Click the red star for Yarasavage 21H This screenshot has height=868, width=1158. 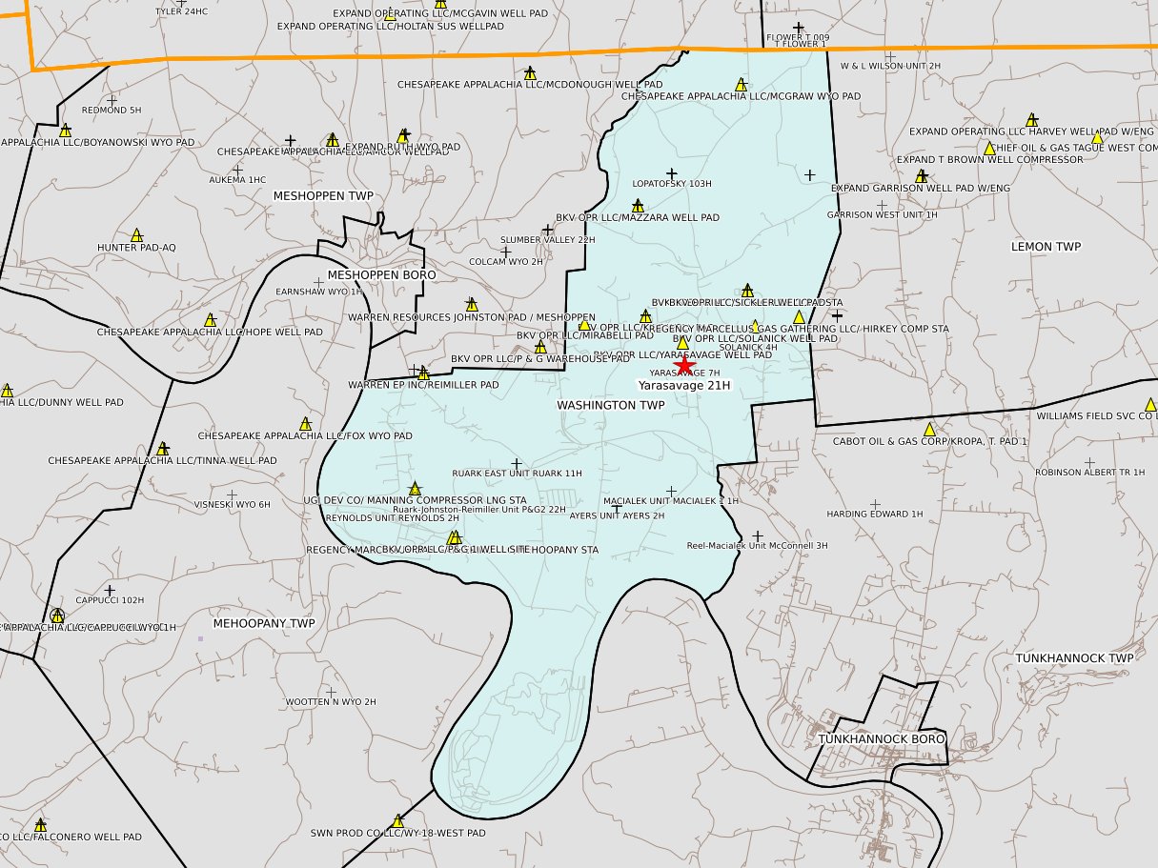click(x=684, y=366)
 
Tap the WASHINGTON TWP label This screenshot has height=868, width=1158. click(x=610, y=405)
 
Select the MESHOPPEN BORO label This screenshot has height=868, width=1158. click(x=381, y=274)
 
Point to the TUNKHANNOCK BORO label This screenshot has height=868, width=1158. click(x=882, y=739)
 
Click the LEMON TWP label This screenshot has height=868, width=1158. click(x=1046, y=247)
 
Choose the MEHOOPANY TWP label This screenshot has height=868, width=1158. click(x=263, y=623)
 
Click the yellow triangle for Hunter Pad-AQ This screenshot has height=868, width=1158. click(x=137, y=234)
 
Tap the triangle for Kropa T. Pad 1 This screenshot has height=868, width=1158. click(x=929, y=429)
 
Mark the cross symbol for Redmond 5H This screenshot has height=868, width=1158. click(x=112, y=99)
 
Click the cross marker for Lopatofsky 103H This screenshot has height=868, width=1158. click(x=671, y=172)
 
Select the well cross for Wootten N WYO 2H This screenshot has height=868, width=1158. click(x=331, y=692)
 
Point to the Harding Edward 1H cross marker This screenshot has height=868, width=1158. click(x=875, y=504)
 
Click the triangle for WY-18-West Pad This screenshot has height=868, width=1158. click(x=398, y=820)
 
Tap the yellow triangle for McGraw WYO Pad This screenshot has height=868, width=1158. click(x=742, y=84)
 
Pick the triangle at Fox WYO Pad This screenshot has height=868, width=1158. click(x=306, y=423)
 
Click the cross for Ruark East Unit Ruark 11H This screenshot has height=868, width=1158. click(x=518, y=462)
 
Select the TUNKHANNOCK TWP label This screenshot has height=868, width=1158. click(x=1072, y=658)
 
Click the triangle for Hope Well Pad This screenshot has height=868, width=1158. click(x=210, y=319)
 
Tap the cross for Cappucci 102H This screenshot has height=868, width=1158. click(x=110, y=591)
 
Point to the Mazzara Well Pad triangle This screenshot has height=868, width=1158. click(x=638, y=205)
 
